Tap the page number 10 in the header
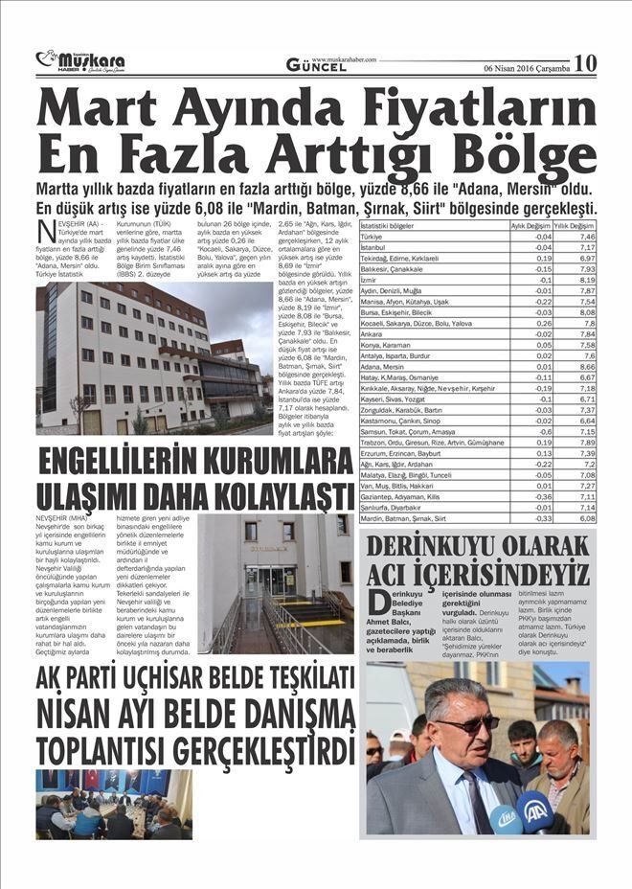click(x=585, y=63)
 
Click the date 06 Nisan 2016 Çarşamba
click(x=527, y=69)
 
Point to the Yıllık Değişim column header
click(x=576, y=225)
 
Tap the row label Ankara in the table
click(x=372, y=333)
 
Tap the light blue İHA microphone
click(x=505, y=820)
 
